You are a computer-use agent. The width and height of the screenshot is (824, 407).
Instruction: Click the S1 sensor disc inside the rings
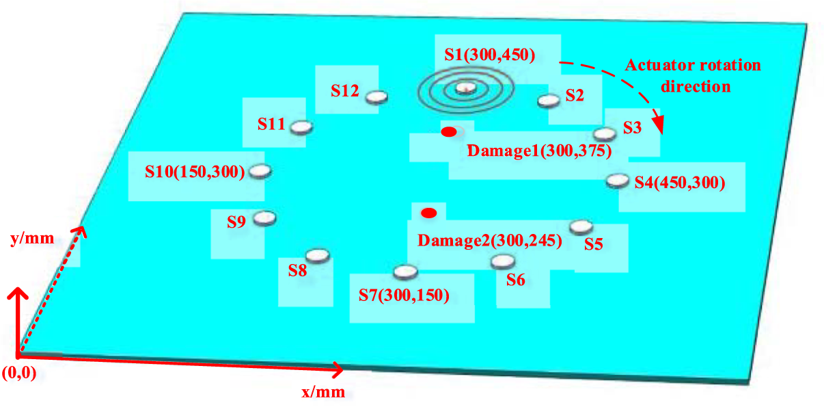click(466, 87)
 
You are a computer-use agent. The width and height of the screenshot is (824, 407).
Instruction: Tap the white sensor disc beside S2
click(548, 101)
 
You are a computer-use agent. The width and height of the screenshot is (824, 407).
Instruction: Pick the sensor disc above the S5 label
click(580, 226)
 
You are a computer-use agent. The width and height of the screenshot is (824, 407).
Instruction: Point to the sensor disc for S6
click(503, 261)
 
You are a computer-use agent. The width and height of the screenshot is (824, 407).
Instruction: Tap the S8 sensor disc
click(318, 256)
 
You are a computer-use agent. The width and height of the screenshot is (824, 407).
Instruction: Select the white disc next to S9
click(264, 218)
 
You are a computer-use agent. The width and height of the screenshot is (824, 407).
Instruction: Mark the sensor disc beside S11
click(301, 127)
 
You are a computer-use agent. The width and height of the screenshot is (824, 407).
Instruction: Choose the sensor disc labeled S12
click(376, 97)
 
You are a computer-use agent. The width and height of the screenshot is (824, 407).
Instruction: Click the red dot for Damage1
click(449, 131)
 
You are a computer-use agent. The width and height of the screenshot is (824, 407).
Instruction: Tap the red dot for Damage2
click(428, 213)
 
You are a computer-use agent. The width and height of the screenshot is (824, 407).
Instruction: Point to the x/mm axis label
click(323, 392)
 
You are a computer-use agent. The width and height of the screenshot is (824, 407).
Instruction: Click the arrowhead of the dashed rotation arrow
click(659, 126)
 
